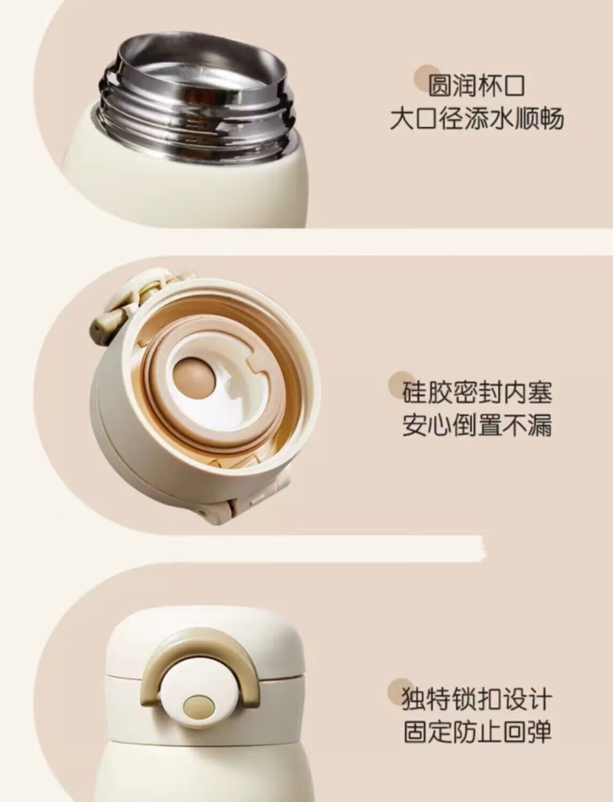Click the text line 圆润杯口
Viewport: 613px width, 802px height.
click(x=476, y=86)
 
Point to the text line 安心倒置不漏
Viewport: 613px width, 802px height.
click(x=477, y=425)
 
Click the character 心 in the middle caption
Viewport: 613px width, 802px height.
click(x=439, y=425)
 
